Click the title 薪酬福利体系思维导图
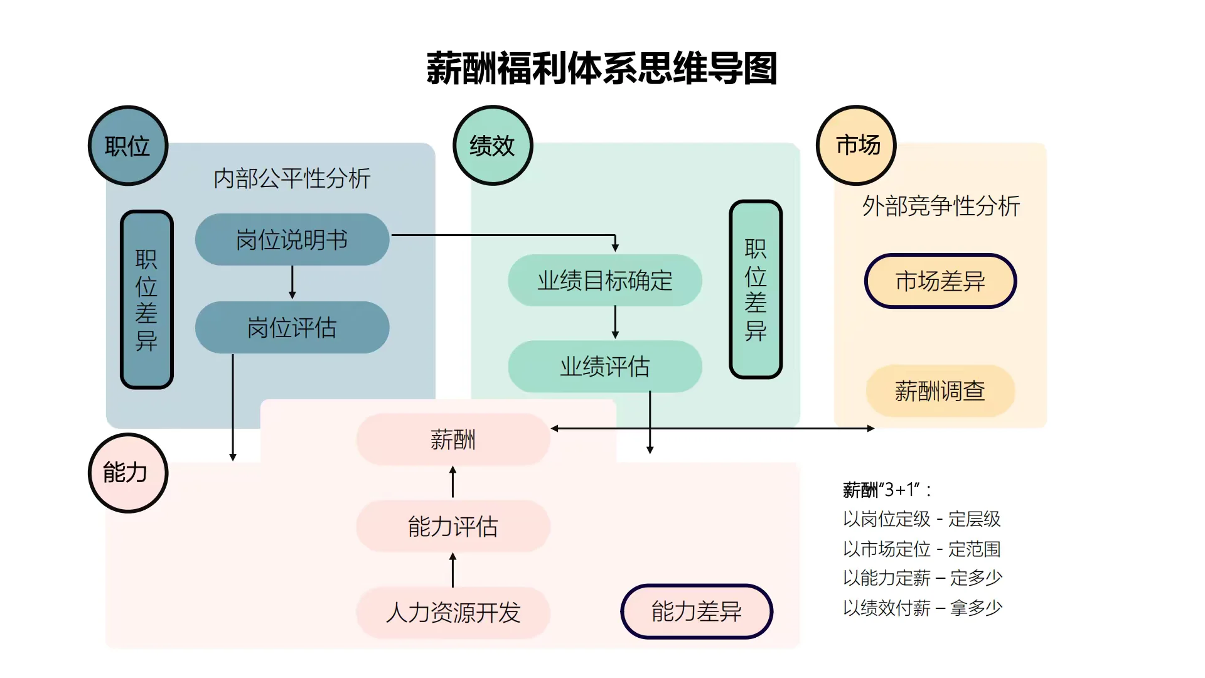point(602,68)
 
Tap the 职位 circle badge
point(128,146)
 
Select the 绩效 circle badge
point(493,146)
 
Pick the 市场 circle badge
point(856,146)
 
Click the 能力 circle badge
point(128,473)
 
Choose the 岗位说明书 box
point(292,240)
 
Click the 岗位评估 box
point(292,328)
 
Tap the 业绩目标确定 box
point(604,281)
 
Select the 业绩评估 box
point(604,367)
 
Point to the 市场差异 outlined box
point(940,281)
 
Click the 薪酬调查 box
point(940,391)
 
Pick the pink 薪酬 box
point(453,439)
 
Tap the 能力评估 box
point(453,526)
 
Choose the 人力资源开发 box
point(453,613)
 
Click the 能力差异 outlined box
point(697,611)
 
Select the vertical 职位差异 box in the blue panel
point(146,300)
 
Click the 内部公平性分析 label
point(292,179)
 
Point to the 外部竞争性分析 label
point(941,206)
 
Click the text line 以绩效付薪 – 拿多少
point(923,608)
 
